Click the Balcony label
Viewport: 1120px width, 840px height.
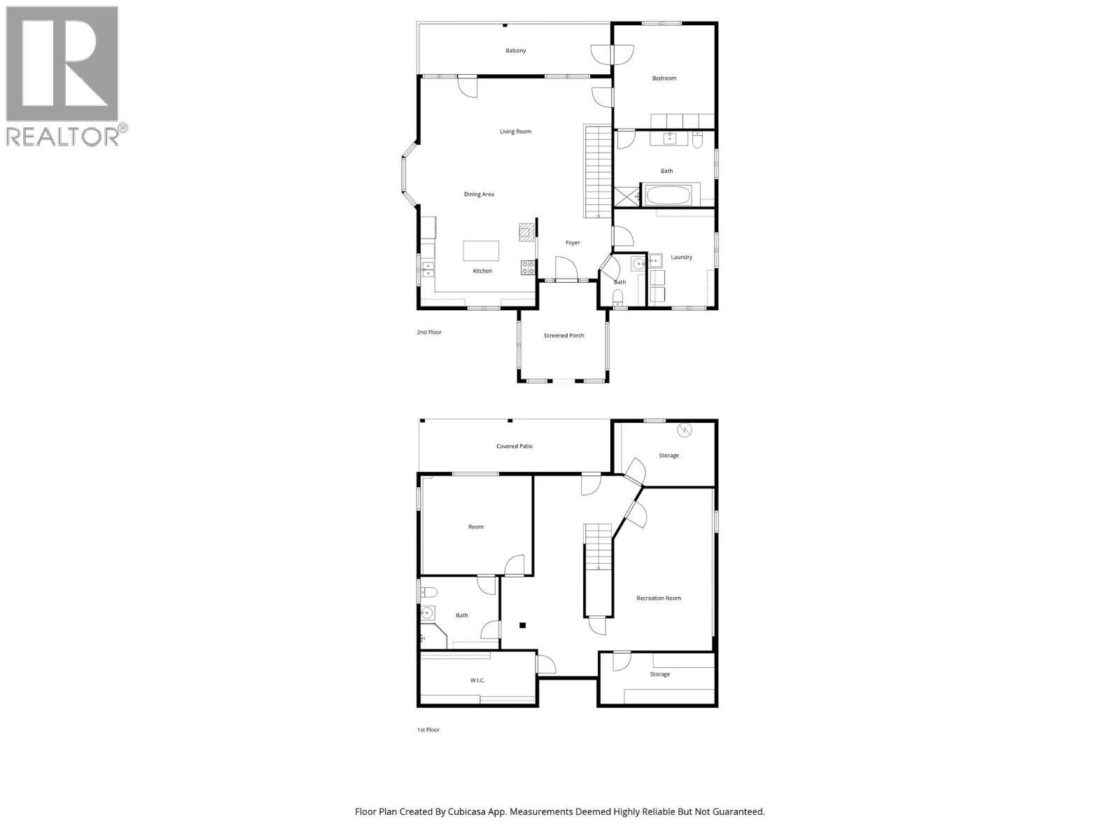516,50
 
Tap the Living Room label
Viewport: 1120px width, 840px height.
515,132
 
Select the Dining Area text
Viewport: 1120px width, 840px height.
479,195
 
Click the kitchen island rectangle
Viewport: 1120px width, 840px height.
481,251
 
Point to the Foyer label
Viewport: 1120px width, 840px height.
573,243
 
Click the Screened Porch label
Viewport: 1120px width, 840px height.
563,336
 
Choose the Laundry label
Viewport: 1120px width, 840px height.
681,258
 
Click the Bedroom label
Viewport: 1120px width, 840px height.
664,78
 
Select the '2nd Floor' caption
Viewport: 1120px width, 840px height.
429,332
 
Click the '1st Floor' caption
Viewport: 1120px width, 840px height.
428,730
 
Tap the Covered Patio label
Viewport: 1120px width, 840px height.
514,447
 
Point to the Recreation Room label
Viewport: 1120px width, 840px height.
659,598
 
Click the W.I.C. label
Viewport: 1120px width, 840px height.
477,680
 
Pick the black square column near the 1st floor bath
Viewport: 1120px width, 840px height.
522,626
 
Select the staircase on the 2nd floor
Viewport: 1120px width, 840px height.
598,171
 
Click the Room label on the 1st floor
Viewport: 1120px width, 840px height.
476,527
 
